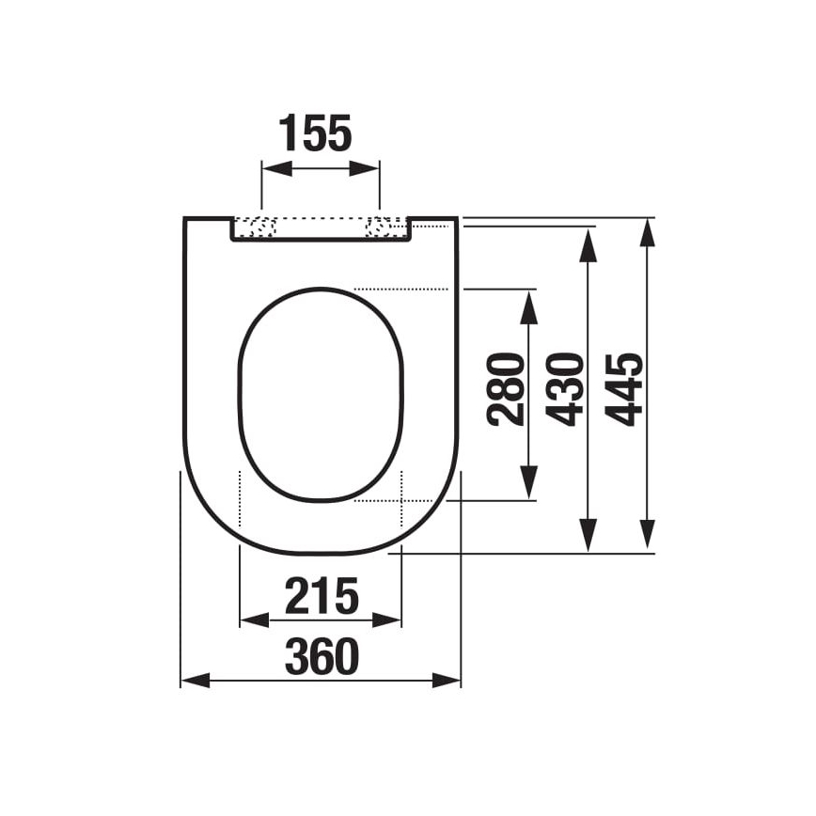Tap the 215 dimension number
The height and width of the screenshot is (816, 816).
pyautogui.click(x=322, y=596)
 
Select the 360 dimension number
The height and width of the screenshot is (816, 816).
pyautogui.click(x=322, y=656)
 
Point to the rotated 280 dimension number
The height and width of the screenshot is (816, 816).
pyautogui.click(x=509, y=388)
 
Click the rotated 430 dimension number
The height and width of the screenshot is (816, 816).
pyautogui.click(x=567, y=388)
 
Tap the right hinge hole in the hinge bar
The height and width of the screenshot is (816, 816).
pyautogui.click(x=380, y=227)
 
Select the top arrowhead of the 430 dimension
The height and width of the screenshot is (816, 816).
pyautogui.click(x=588, y=242)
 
